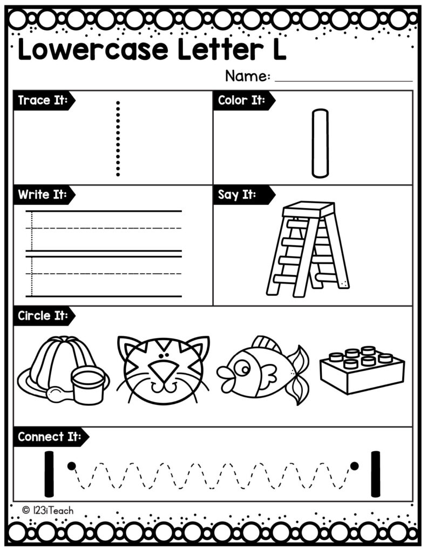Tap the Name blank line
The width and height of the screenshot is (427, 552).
343,80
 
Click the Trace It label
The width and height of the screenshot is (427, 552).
42,100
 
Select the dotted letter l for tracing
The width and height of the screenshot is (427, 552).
118,138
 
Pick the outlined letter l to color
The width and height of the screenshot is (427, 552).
320,143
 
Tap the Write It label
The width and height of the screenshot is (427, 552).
42,195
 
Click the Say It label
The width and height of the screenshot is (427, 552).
237,195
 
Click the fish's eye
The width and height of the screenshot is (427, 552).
243,369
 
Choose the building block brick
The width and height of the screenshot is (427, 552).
362,369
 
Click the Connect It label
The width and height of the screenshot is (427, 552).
49,437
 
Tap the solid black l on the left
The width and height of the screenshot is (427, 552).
49,473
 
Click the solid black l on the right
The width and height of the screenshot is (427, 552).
375,473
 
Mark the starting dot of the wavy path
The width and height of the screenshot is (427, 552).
70,465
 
